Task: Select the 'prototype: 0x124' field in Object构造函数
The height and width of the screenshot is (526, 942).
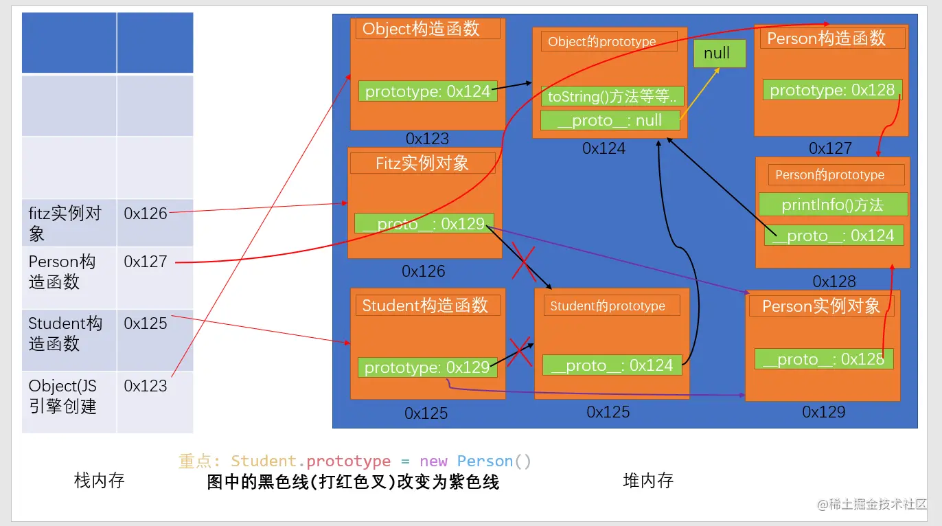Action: coord(428,91)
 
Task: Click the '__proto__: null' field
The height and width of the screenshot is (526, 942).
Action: coord(610,120)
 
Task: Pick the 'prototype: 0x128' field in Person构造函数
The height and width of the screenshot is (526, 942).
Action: coord(832,90)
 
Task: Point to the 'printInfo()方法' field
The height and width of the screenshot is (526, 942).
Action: coord(833,205)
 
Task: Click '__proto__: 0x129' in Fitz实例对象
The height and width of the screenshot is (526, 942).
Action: coord(424,224)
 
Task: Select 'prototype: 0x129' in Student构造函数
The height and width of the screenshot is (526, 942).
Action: coord(426,367)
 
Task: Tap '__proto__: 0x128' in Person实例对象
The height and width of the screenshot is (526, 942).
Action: coord(823,359)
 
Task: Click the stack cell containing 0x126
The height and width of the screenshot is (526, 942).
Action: coord(154,223)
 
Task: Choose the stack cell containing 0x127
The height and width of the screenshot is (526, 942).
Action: coord(154,271)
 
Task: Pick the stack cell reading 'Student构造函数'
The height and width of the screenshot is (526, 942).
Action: coord(69,334)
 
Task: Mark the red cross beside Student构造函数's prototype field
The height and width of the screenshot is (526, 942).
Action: coord(519,352)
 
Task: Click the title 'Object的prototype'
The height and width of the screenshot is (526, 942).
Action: coord(602,42)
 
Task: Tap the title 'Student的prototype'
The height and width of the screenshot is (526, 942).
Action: coord(608,306)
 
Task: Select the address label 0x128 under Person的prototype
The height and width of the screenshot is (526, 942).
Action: coord(834,282)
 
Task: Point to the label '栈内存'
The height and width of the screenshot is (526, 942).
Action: coord(99,481)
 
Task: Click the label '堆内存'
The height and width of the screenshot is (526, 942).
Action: coord(647,481)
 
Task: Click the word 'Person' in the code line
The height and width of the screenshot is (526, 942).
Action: coord(484,461)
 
